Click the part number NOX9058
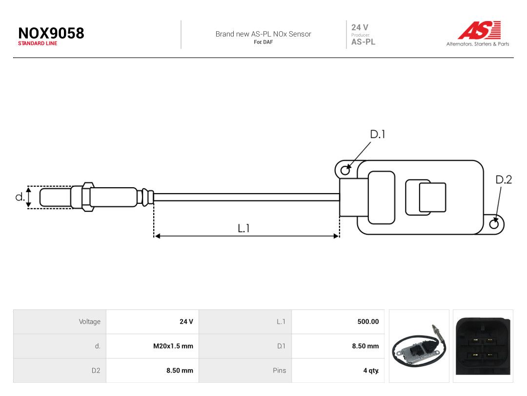click(x=51, y=33)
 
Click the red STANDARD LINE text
click(x=38, y=44)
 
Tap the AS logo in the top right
click(x=480, y=30)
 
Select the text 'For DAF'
click(x=263, y=42)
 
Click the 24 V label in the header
click(x=360, y=27)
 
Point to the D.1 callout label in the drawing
click(x=377, y=134)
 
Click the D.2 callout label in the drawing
click(x=504, y=179)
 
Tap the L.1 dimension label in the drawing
click(x=243, y=228)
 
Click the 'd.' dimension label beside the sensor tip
click(x=20, y=197)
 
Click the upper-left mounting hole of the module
click(x=345, y=171)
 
